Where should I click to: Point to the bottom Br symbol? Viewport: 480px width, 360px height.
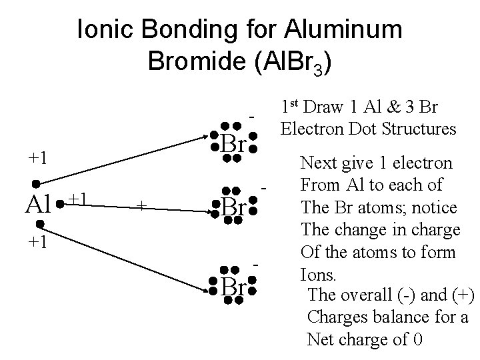233,287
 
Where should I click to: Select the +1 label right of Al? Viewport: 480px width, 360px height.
81,199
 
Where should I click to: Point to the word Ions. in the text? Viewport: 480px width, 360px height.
315,273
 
